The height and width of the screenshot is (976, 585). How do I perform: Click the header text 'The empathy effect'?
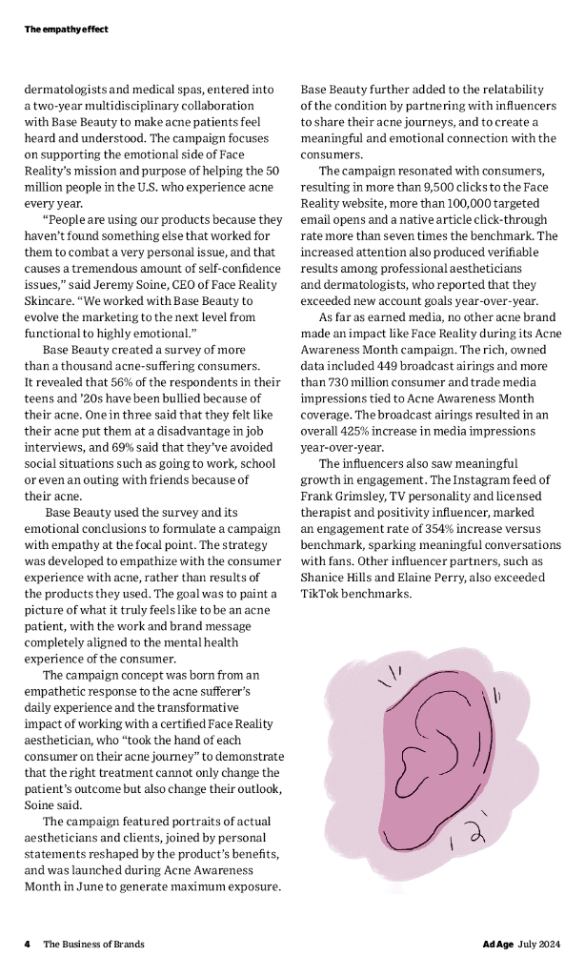(x=66, y=30)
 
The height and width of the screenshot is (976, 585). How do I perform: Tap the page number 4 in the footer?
(x=28, y=944)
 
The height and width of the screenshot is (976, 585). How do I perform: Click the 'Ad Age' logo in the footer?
(x=496, y=944)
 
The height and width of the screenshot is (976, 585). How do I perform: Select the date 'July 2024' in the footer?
(x=539, y=944)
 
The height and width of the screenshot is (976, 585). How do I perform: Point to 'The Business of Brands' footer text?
(x=93, y=944)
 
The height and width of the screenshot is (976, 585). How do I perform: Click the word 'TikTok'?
(x=321, y=594)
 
